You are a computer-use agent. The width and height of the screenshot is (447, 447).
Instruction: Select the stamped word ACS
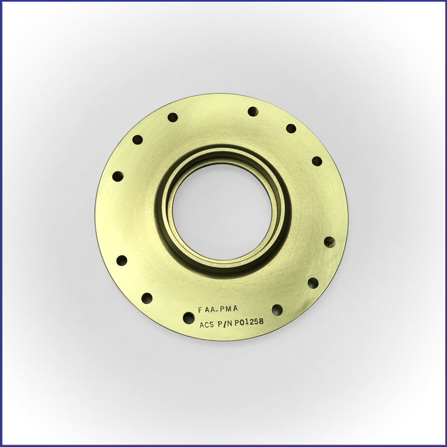click(x=207, y=325)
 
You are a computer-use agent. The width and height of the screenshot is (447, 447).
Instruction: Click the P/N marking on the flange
click(x=226, y=324)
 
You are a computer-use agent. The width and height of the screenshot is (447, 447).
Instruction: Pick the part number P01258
click(x=249, y=322)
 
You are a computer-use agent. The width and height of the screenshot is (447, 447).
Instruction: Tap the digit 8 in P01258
click(x=261, y=322)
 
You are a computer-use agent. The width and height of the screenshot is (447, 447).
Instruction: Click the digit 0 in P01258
click(x=242, y=322)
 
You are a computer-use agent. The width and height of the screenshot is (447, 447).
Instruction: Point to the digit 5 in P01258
click(x=255, y=322)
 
